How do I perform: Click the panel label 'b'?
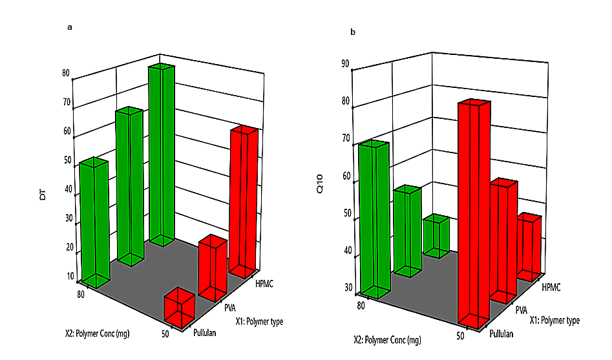353,32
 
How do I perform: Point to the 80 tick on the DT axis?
66,73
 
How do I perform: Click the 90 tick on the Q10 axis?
346,63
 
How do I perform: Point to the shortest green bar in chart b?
436,235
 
